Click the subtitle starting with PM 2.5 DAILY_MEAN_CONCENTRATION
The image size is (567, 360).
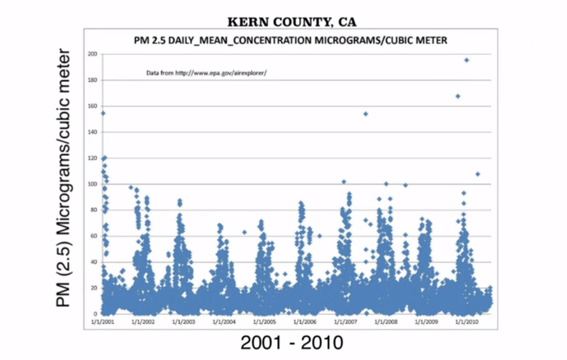[290, 40]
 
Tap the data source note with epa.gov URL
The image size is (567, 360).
[207, 73]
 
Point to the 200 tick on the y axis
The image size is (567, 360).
[92, 54]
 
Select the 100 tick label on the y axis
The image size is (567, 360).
[92, 185]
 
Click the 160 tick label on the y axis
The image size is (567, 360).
[92, 106]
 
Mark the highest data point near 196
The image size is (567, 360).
[466, 60]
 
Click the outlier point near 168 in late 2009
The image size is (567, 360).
[458, 96]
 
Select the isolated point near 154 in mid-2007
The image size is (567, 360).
[365, 114]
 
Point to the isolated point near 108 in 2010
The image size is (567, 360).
[477, 174]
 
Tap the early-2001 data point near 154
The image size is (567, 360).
[103, 113]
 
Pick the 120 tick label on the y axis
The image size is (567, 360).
[92, 158]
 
